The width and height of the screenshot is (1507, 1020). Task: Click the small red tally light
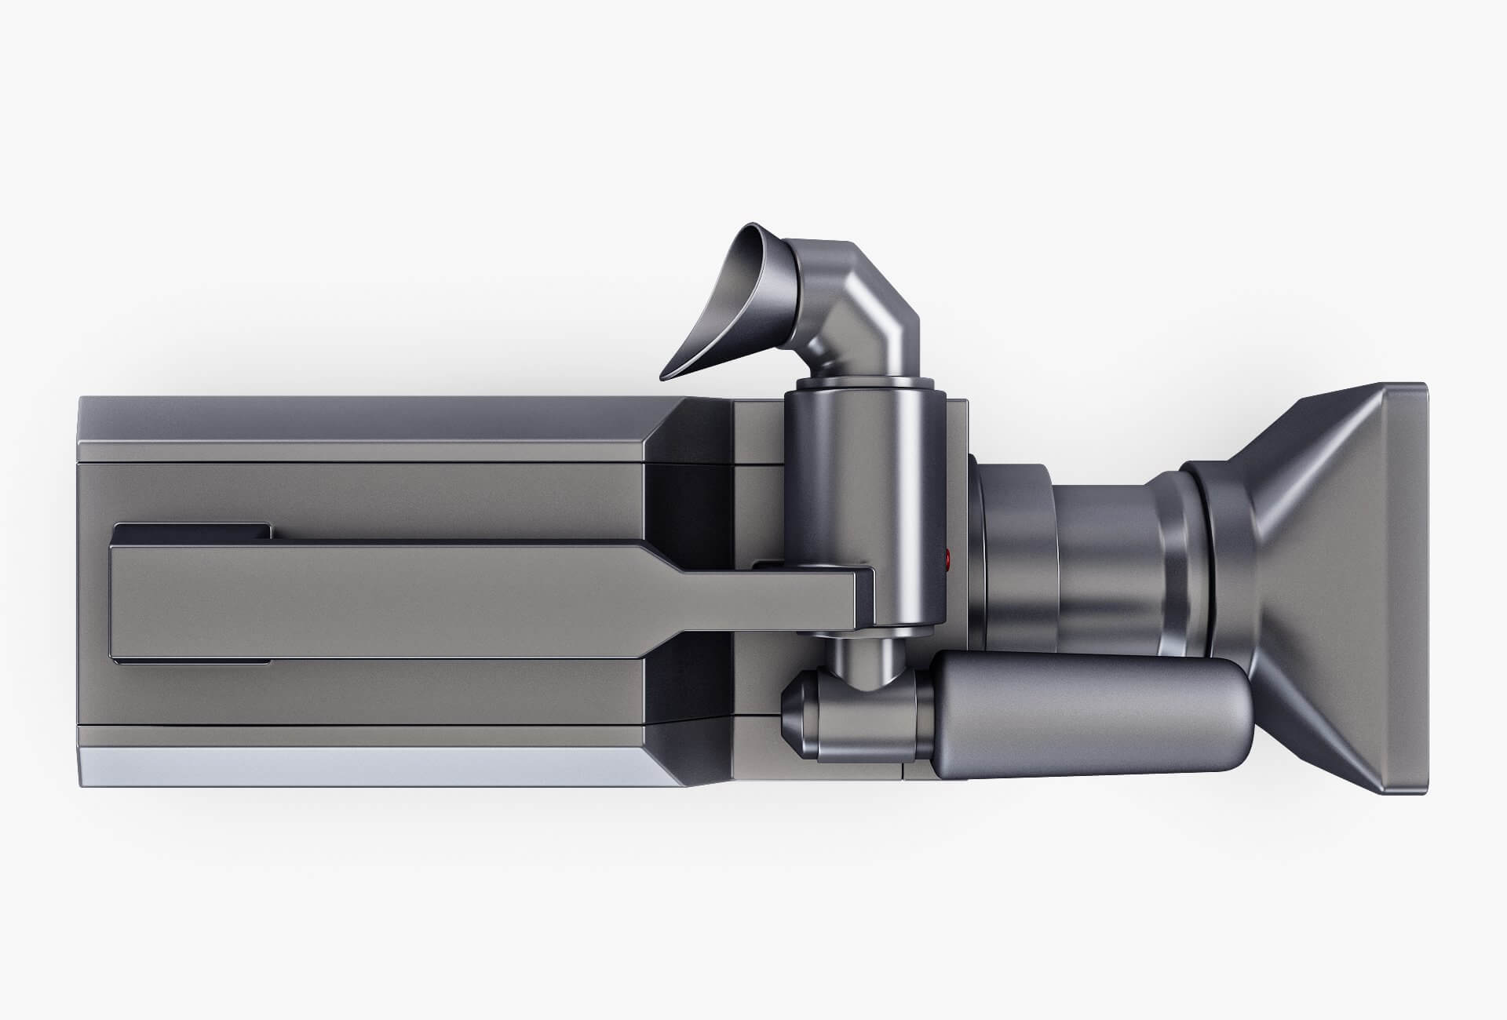[948, 559]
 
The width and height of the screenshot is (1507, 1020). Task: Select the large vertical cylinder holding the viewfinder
[863, 486]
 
